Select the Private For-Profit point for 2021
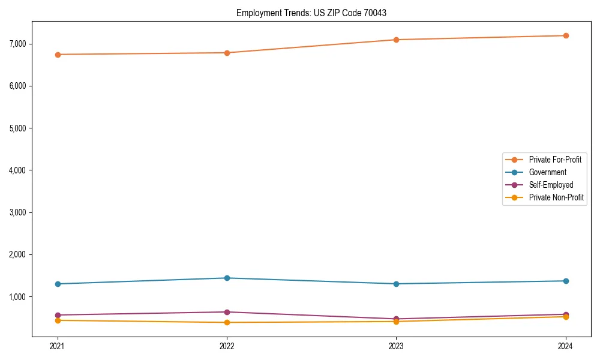pyautogui.click(x=58, y=55)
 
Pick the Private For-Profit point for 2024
pyautogui.click(x=566, y=35)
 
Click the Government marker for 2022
pyautogui.click(x=227, y=278)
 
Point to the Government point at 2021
pyautogui.click(x=58, y=284)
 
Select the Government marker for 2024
pyautogui.click(x=566, y=281)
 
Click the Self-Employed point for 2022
pyautogui.click(x=227, y=312)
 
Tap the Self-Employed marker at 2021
pyautogui.click(x=58, y=315)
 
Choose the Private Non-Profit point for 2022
pyautogui.click(x=227, y=322)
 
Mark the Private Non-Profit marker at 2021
pyautogui.click(x=58, y=320)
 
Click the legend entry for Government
pyautogui.click(x=547, y=172)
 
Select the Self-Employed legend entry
pyautogui.click(x=551, y=185)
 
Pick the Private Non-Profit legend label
pyautogui.click(x=556, y=197)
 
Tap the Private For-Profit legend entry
pyautogui.click(x=554, y=160)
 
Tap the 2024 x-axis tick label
pyautogui.click(x=566, y=346)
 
